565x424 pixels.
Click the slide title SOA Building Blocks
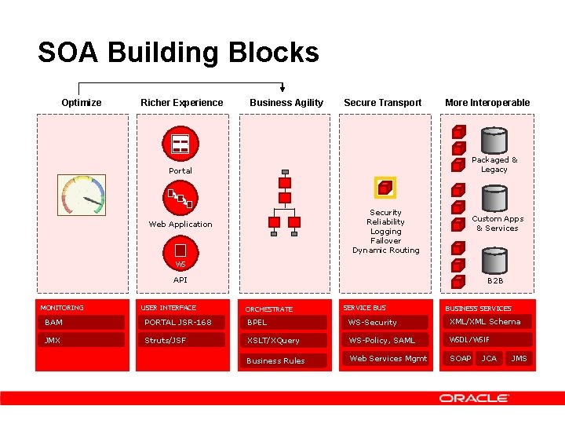[178, 53]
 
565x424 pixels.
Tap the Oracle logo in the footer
[473, 398]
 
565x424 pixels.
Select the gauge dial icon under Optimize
[82, 194]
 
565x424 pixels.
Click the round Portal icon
[180, 144]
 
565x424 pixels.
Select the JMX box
[82, 340]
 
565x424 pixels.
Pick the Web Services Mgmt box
[388, 359]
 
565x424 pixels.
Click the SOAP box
[461, 359]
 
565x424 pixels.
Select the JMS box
[519, 359]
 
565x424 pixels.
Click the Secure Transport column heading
[383, 103]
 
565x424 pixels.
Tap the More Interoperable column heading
[487, 103]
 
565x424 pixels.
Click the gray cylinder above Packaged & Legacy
[494, 141]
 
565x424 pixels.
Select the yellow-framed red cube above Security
[385, 188]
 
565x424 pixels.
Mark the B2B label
[495, 280]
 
